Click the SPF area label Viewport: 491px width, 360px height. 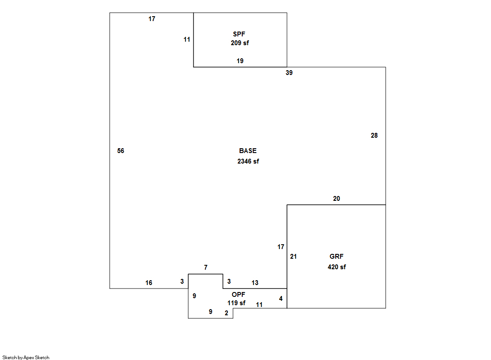click(x=239, y=34)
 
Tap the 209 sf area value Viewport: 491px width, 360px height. click(x=240, y=43)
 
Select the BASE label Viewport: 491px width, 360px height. click(x=247, y=151)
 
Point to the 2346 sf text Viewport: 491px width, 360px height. click(x=248, y=161)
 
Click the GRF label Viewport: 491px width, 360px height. click(x=336, y=257)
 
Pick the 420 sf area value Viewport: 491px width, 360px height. click(x=337, y=267)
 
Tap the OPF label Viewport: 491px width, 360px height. click(x=238, y=295)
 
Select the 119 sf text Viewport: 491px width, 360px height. click(x=236, y=303)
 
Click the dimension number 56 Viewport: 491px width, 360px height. click(x=121, y=151)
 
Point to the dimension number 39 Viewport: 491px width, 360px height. click(x=289, y=73)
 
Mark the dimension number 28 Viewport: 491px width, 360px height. click(x=374, y=135)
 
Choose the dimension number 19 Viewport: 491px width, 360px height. click(x=240, y=61)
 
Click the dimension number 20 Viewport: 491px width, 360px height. click(x=336, y=199)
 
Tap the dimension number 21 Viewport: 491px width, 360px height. click(x=293, y=257)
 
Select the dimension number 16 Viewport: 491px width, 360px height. click(x=149, y=283)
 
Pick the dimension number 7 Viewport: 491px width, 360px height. click(x=205, y=267)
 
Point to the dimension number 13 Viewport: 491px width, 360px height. click(x=254, y=283)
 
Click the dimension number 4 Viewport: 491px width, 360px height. click(x=281, y=299)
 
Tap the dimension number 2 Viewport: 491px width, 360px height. click(x=226, y=313)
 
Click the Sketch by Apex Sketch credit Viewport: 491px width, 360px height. click(x=26, y=357)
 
